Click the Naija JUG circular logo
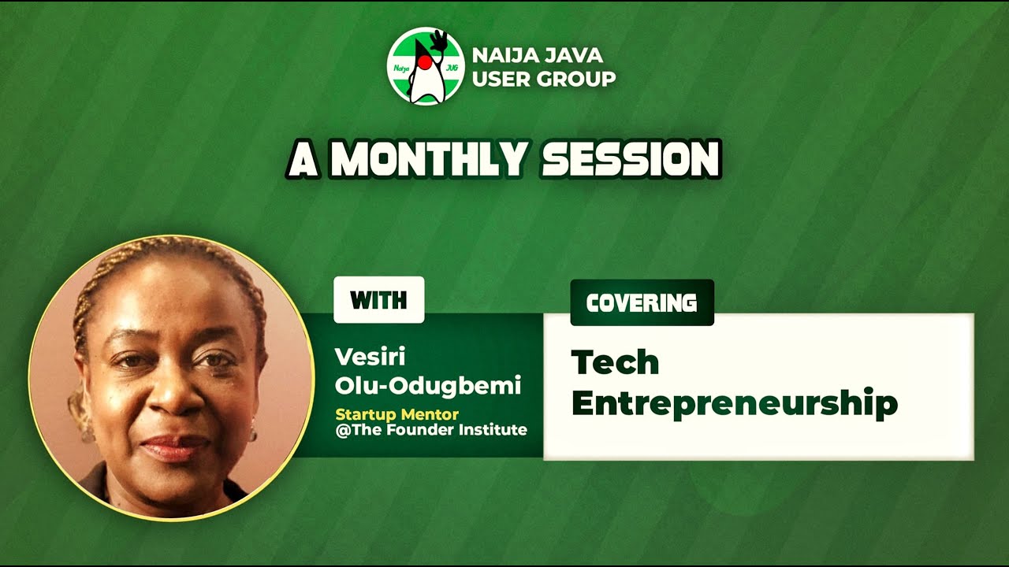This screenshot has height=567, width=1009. pos(426,66)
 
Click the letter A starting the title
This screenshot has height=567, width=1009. pos(303,160)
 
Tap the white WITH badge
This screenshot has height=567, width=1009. pos(378,300)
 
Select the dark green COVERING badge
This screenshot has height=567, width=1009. pos(642,302)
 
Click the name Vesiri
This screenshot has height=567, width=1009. pos(370,357)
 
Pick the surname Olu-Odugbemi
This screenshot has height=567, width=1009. pos(428,385)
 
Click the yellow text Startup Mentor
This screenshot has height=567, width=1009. pos(397,414)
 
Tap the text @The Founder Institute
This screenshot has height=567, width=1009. pos(430,430)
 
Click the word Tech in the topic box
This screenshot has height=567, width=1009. pos(615,362)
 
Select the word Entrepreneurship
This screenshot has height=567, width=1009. pos(734,403)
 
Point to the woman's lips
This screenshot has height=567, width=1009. pos(175,447)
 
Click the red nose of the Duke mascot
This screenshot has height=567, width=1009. pos(424,61)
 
